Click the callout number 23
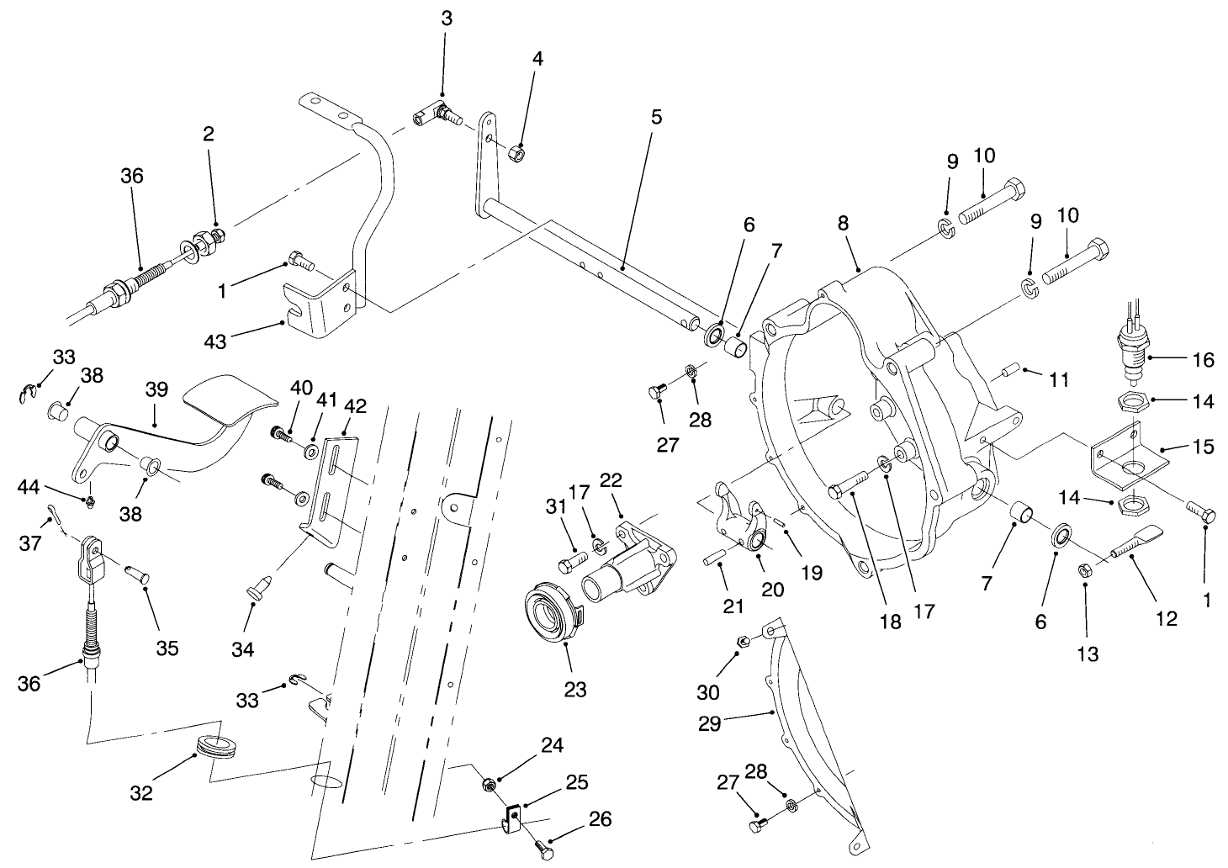[x=575, y=690]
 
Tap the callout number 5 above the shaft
[x=656, y=117]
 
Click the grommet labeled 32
[x=215, y=746]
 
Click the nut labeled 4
[x=519, y=154]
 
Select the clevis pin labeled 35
[x=135, y=575]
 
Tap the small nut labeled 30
[x=743, y=642]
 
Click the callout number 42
[x=355, y=406]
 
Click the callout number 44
[x=29, y=485]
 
